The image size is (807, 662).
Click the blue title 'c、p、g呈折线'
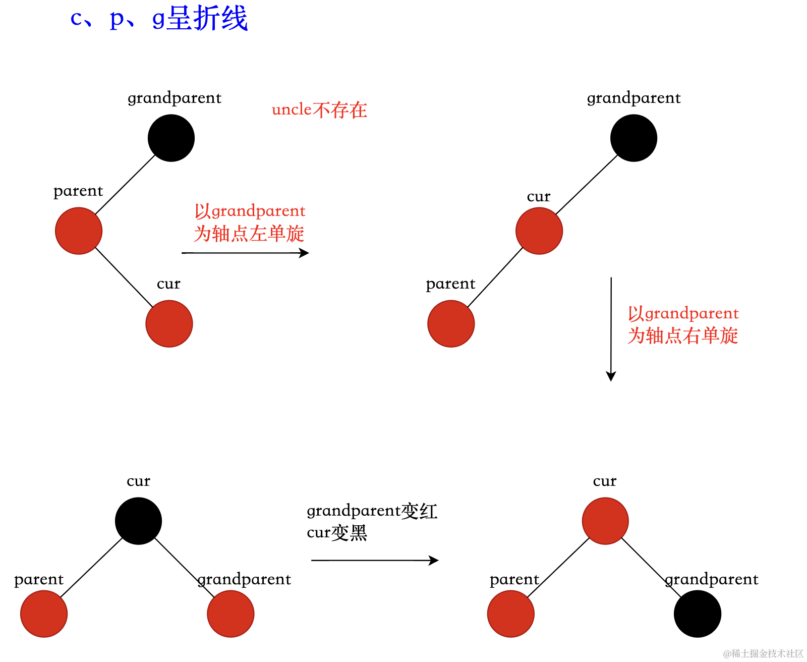click(x=159, y=19)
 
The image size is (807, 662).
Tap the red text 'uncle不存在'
click(x=319, y=109)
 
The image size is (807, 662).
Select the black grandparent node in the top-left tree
click(x=171, y=138)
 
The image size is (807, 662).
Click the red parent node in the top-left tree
click(x=79, y=231)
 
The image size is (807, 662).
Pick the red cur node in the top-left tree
click(x=169, y=324)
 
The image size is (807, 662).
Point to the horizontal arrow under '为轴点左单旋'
click(x=245, y=253)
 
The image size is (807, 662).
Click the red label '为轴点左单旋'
click(x=249, y=234)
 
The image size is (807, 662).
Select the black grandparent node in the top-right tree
click(x=633, y=138)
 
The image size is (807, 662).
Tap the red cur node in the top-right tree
click(x=539, y=231)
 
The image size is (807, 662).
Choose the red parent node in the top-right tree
click(x=451, y=324)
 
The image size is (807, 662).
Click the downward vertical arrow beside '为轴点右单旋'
click(x=611, y=328)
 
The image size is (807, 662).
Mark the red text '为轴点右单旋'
click(x=683, y=336)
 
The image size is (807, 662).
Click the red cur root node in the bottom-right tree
click(x=605, y=521)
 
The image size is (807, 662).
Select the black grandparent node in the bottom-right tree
click(x=698, y=614)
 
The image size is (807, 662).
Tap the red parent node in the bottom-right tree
click(x=511, y=614)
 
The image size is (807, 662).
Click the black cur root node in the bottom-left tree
click(x=138, y=521)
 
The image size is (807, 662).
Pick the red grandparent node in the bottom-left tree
click(x=230, y=614)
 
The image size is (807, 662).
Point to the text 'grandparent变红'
click(x=372, y=511)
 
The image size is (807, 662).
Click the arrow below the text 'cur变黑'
click(x=375, y=560)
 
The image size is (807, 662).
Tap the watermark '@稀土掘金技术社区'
click(x=763, y=653)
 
